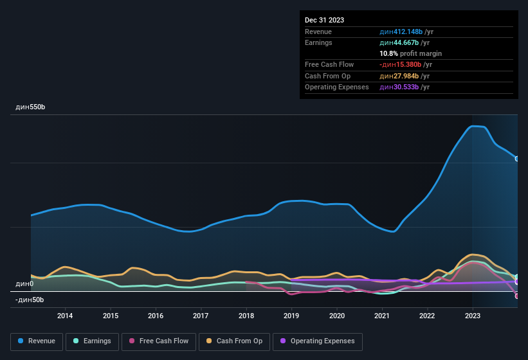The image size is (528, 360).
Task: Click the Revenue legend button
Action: (37, 341)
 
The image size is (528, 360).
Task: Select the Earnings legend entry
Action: (93, 341)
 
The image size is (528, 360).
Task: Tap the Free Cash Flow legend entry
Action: (159, 341)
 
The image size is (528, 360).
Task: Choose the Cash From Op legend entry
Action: (233, 341)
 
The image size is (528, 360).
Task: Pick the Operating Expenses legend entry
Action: (317, 341)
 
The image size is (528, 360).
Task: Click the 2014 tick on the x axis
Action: (65, 316)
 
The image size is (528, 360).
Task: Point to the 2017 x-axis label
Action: (201, 316)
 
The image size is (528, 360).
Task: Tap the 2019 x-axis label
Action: (291, 316)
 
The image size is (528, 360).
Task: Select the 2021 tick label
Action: (382, 316)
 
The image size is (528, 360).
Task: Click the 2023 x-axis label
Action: (473, 316)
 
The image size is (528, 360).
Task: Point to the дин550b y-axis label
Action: (30, 107)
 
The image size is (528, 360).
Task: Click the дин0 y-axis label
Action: (24, 283)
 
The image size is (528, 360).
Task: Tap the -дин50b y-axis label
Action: (30, 300)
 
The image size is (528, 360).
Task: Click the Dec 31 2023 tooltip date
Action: (324, 20)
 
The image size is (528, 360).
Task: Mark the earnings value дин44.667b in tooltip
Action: (399, 42)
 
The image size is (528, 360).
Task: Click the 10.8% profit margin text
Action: (410, 53)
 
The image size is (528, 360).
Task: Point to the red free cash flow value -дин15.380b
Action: (401, 64)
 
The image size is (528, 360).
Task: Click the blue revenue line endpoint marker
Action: (517, 159)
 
